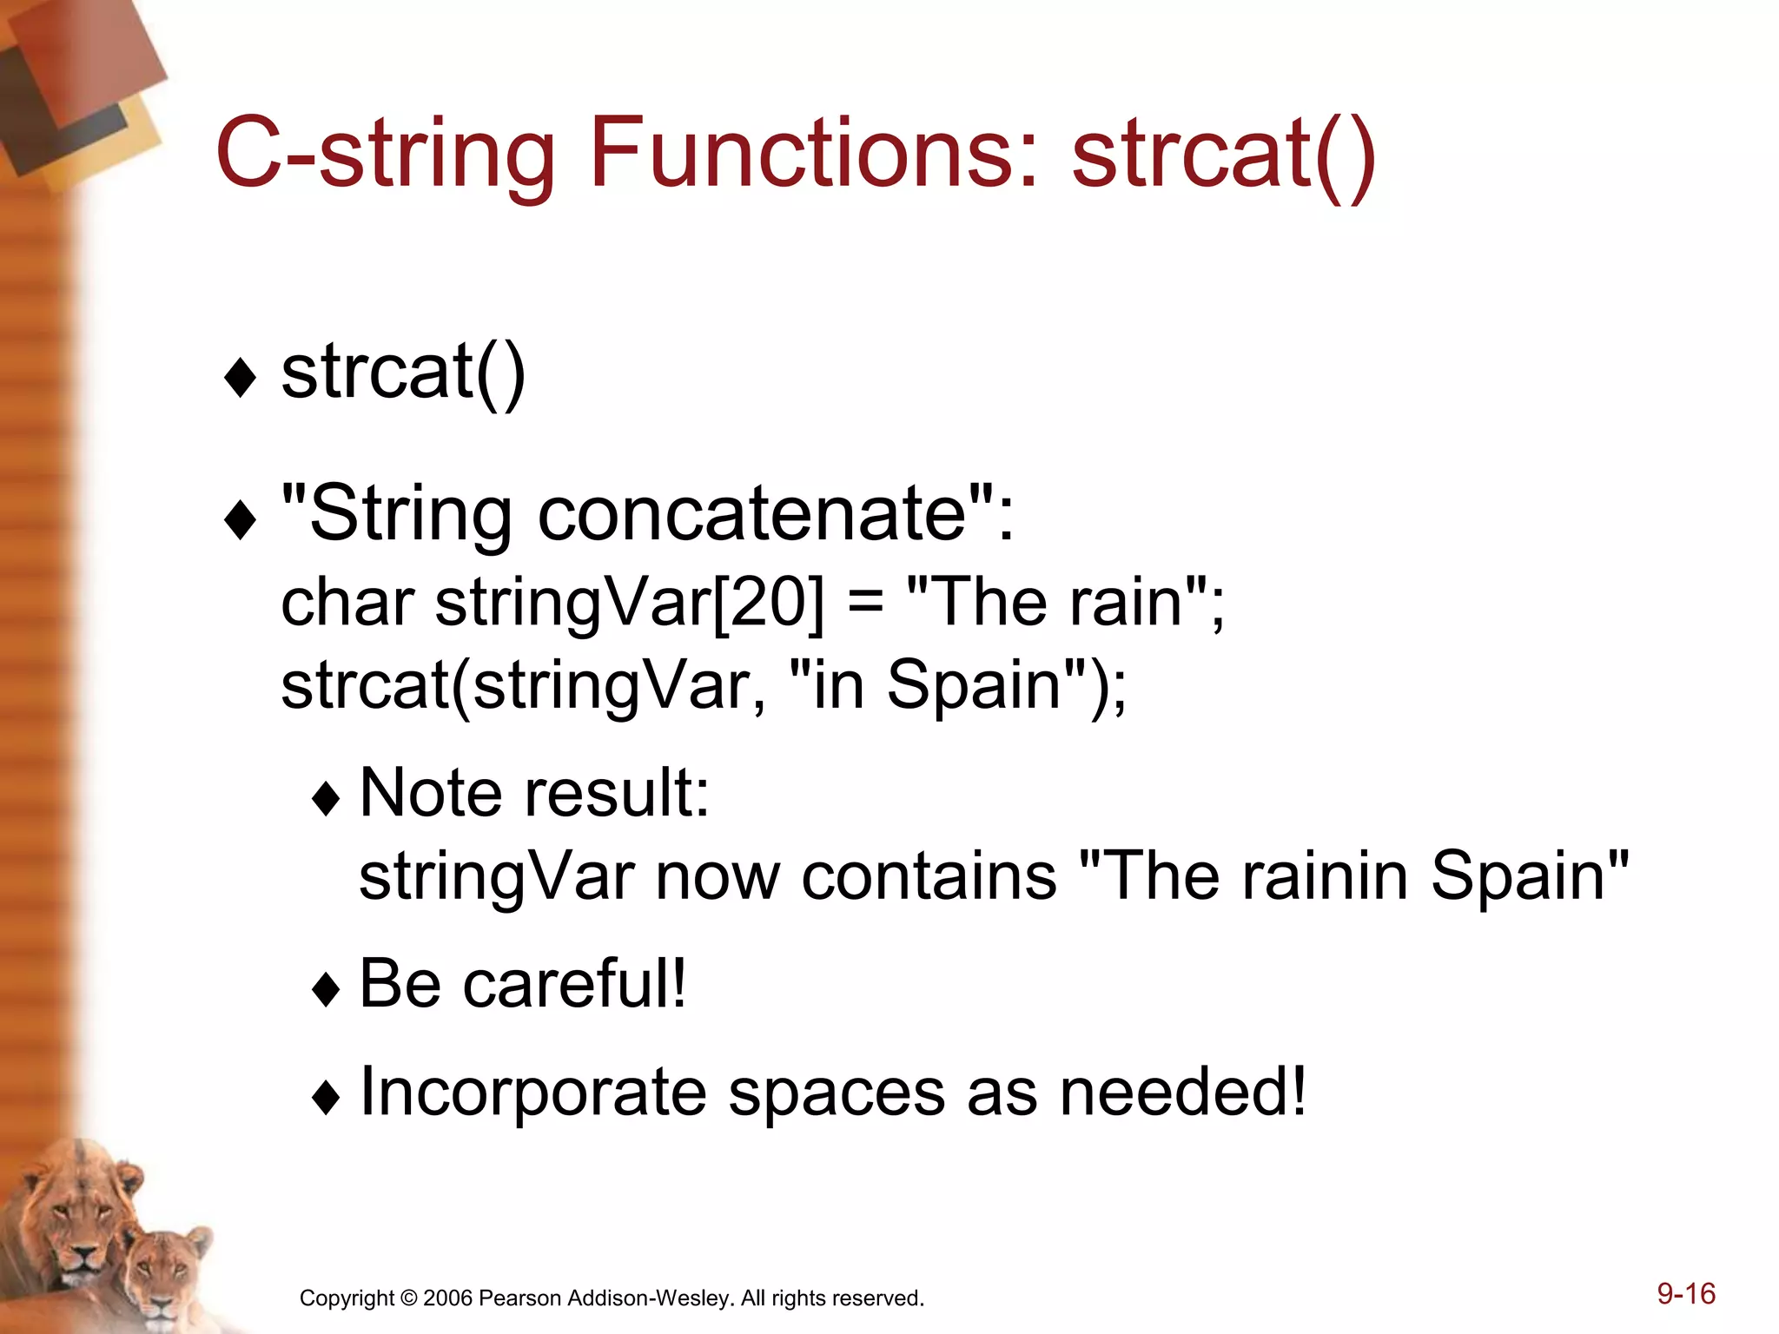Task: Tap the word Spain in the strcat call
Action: point(974,684)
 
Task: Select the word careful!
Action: point(574,983)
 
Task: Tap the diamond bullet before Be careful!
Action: point(327,989)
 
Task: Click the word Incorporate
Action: point(532,1092)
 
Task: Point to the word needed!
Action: point(1182,1092)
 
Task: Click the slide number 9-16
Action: point(1685,1293)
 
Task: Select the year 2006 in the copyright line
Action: point(447,1298)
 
